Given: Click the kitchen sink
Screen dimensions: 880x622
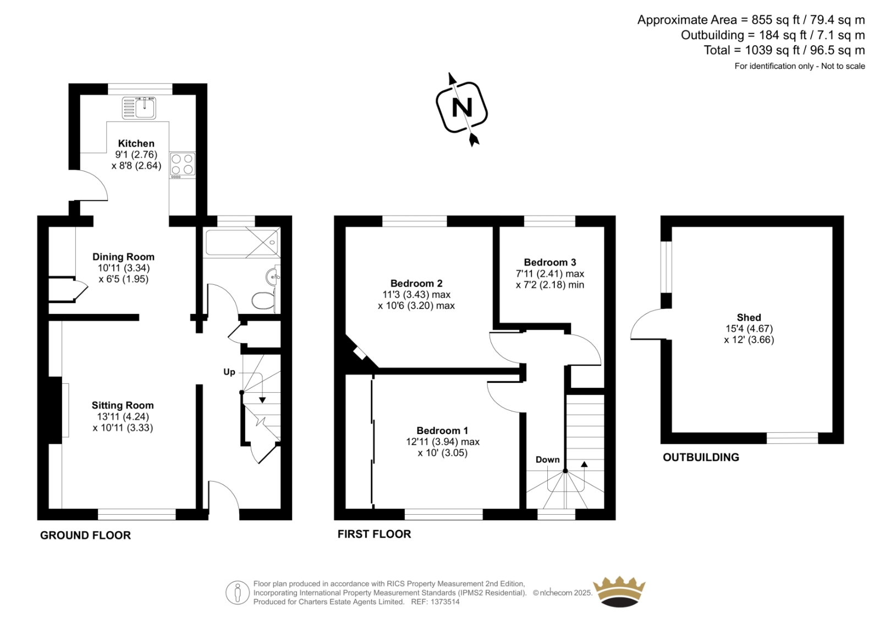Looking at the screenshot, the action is [x=139, y=108].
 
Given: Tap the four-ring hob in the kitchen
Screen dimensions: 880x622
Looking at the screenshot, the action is [x=183, y=165].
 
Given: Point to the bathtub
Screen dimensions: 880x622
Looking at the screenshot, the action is [x=242, y=243].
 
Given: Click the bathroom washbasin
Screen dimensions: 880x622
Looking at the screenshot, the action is [x=273, y=277].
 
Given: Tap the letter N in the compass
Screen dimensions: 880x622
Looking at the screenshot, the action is [x=461, y=107].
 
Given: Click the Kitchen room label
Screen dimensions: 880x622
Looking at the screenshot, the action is [x=136, y=144].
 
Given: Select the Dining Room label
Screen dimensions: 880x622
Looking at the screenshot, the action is [x=123, y=257].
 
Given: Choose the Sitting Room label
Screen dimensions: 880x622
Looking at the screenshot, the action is [x=123, y=405].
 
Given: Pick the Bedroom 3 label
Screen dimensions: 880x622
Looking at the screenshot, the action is [x=550, y=262].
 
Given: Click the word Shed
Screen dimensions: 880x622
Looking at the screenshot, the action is [x=749, y=317].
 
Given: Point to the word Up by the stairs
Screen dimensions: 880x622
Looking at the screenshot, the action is [x=229, y=372].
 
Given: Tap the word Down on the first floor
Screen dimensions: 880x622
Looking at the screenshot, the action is [x=548, y=459].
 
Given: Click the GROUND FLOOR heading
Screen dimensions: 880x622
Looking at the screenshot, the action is [x=85, y=535].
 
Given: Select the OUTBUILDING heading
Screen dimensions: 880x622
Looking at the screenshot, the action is [x=701, y=457].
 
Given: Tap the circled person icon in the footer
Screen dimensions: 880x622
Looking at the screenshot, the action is [x=238, y=593].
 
